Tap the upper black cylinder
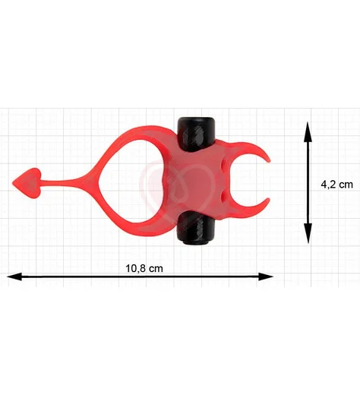tap(196, 134)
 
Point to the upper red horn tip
tap(269, 160)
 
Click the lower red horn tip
tap(268, 200)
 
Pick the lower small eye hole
tap(223, 195)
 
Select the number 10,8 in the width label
tap(134, 268)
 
